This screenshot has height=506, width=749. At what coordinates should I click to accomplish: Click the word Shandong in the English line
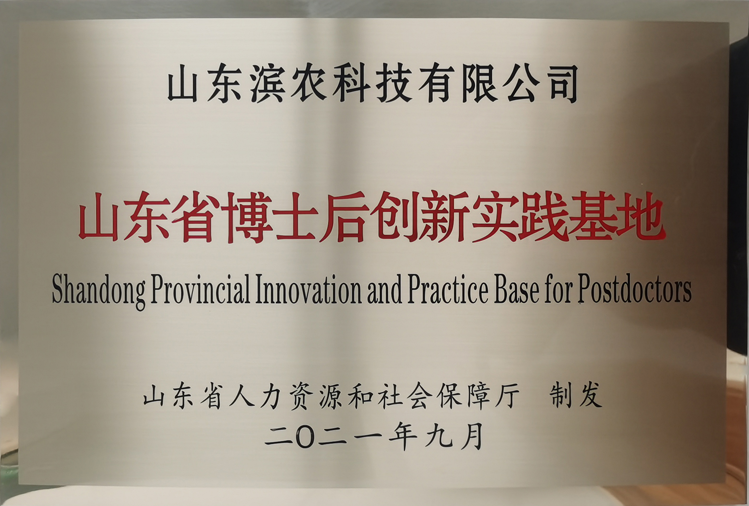(x=99, y=294)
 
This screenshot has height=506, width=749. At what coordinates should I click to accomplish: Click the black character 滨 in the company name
(x=268, y=85)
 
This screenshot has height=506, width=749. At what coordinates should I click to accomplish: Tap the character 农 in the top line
(x=310, y=85)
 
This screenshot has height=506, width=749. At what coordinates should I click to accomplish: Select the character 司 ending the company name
(x=561, y=85)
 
